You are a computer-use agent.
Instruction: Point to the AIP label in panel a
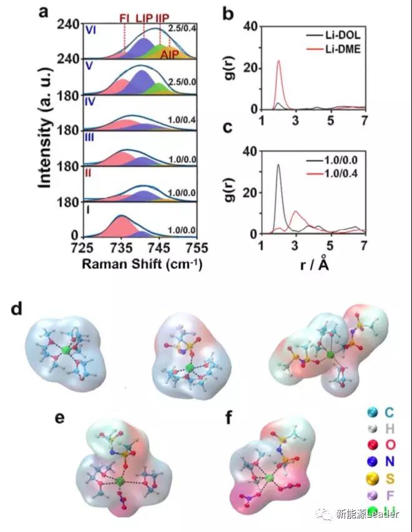pos(169,55)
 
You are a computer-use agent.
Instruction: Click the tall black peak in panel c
pos(278,166)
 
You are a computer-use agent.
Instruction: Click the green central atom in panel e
pos(119,481)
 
